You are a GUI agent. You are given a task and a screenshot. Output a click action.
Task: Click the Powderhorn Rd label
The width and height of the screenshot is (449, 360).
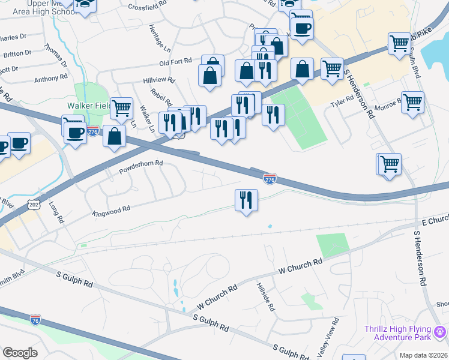pyautogui.click(x=142, y=163)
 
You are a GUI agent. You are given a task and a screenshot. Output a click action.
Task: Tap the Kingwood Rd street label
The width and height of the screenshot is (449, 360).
pyautogui.click(x=111, y=211)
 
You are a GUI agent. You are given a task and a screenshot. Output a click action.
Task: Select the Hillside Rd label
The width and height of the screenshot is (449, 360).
pyautogui.click(x=266, y=298)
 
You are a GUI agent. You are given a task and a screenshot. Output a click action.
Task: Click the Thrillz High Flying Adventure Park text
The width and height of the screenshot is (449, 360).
pyautogui.click(x=399, y=334)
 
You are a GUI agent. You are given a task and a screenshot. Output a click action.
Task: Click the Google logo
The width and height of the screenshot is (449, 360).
pyautogui.click(x=20, y=352)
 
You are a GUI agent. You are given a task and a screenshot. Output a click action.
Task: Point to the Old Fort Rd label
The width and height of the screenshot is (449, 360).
pyautogui.click(x=175, y=61)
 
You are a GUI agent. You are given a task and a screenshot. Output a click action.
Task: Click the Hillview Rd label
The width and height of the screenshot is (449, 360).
pyautogui.click(x=158, y=79)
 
